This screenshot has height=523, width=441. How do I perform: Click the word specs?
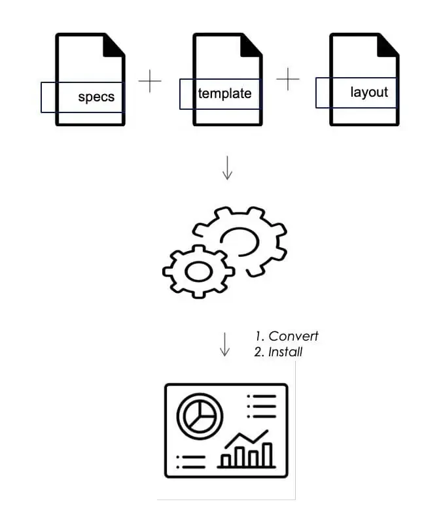click(96, 97)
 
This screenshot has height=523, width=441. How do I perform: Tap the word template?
click(224, 93)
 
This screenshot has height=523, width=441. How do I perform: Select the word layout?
click(369, 92)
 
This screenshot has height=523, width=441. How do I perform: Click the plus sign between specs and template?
click(150, 81)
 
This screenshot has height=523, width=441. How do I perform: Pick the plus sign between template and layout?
click(288, 79)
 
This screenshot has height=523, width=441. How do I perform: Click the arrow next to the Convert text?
click(224, 345)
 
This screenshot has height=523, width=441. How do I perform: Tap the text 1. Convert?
click(287, 337)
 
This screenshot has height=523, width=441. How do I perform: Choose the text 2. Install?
click(278, 352)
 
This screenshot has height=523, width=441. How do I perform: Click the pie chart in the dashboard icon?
click(200, 414)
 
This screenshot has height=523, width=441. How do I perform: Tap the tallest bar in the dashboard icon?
click(267, 454)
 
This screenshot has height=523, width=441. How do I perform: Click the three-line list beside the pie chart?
click(262, 406)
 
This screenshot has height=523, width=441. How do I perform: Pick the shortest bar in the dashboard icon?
click(226, 460)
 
